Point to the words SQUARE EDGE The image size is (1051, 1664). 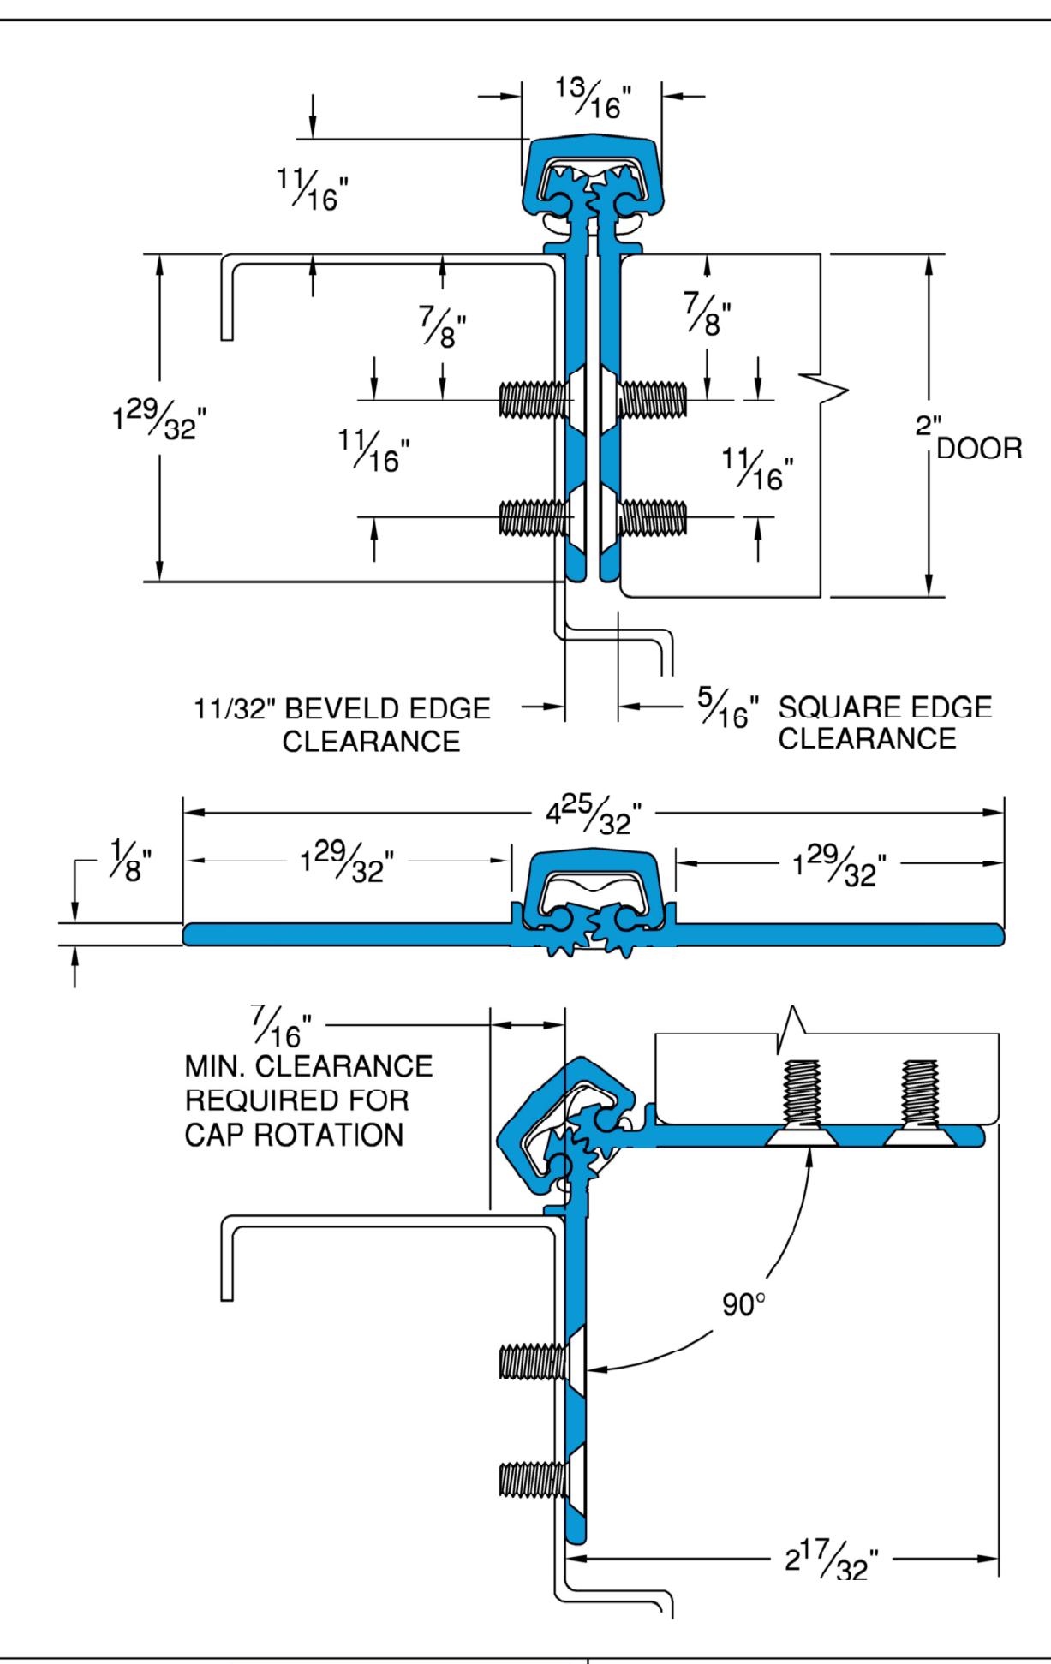[885, 707]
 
